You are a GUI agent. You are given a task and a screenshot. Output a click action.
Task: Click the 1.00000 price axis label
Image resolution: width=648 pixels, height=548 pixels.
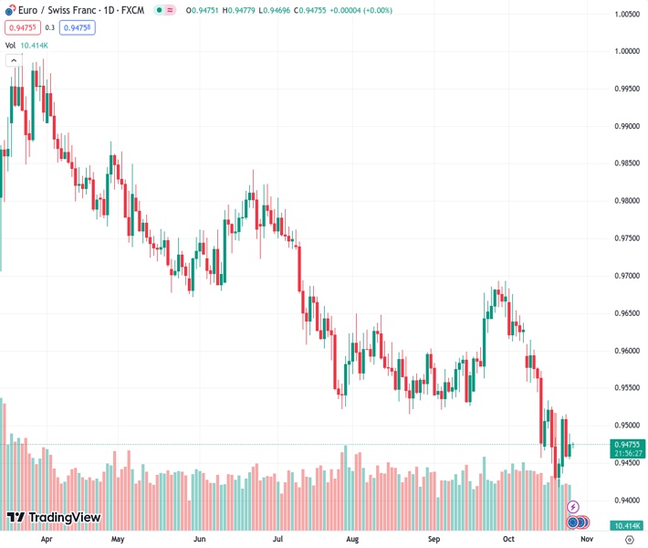click(626, 51)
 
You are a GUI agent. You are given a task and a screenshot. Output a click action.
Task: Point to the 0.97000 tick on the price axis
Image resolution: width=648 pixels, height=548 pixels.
click(626, 276)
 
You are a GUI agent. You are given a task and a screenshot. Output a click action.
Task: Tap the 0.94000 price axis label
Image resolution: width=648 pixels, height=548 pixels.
click(626, 501)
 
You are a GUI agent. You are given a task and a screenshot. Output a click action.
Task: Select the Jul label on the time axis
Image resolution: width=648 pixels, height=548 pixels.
click(276, 539)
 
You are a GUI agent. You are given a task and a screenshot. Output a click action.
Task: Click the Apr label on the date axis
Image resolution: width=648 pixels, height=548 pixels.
click(46, 539)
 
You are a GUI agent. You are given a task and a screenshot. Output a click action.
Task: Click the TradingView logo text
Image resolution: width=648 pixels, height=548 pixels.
click(64, 518)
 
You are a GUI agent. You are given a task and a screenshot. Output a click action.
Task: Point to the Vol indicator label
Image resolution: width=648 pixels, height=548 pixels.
click(10, 45)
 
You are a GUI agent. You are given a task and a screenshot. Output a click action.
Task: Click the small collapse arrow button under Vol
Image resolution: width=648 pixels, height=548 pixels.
click(14, 60)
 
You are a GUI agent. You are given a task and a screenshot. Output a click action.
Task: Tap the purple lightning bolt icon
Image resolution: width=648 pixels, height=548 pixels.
click(573, 506)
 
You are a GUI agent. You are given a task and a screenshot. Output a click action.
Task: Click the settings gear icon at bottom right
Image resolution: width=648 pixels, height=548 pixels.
click(629, 540)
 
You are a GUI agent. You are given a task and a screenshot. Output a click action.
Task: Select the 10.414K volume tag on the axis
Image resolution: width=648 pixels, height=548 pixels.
click(627, 525)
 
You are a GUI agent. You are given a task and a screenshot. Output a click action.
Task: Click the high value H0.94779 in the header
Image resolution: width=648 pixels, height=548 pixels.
click(246, 10)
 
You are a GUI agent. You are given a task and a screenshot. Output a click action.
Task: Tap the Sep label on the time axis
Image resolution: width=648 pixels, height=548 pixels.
click(434, 539)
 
